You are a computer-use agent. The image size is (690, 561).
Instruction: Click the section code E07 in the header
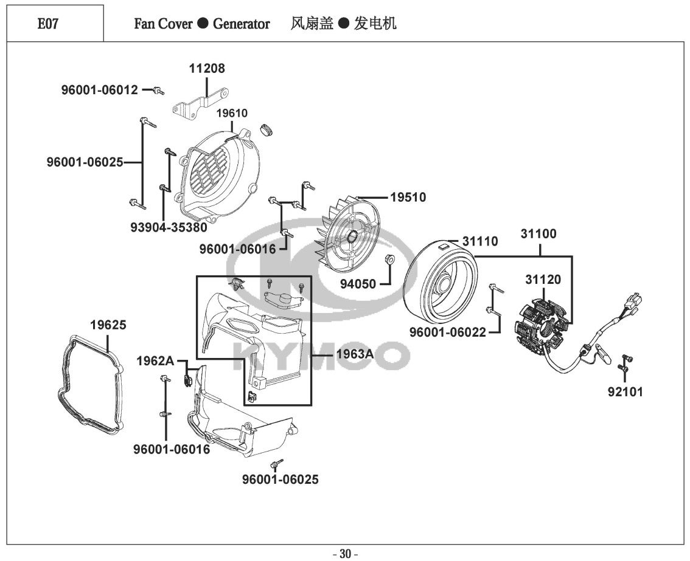coord(48,24)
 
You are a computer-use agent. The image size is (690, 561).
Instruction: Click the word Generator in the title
coord(241,24)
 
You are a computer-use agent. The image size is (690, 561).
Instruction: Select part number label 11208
coord(206,69)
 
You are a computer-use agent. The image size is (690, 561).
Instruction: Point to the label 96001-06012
coord(99,91)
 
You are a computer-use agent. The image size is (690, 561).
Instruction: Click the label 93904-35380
coord(169,227)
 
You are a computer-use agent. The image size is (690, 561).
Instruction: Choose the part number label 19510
coord(408,198)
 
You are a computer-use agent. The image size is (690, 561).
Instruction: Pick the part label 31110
coord(479,242)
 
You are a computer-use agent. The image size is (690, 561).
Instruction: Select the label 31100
coord(538,234)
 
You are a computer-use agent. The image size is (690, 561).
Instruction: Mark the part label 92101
coord(624,392)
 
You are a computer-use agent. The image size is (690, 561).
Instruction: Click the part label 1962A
coord(155,361)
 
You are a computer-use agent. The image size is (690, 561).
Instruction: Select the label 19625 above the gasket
coord(108,325)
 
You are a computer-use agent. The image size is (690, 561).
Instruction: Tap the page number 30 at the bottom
coord(345,554)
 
